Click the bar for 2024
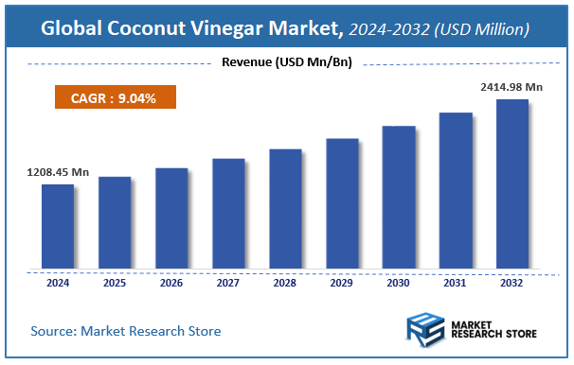pyautogui.click(x=57, y=226)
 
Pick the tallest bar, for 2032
pyautogui.click(x=511, y=183)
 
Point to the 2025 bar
pyautogui.click(x=114, y=222)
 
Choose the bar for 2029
pyautogui.click(x=341, y=203)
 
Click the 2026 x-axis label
pyautogui.click(x=171, y=283)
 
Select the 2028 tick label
pyautogui.click(x=285, y=283)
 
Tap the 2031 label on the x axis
pyautogui.click(x=455, y=283)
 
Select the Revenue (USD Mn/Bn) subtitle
pyautogui.click(x=286, y=63)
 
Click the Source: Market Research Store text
pyautogui.click(x=126, y=332)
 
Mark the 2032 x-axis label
pyautogui.click(x=511, y=283)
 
